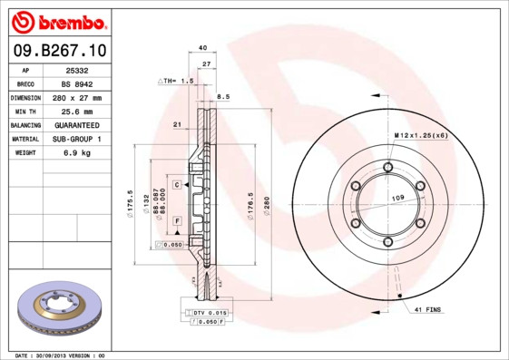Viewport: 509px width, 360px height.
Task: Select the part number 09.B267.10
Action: click(x=59, y=51)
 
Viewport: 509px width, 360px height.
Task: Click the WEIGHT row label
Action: click(x=24, y=152)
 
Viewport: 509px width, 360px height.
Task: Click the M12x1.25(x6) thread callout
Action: click(x=421, y=135)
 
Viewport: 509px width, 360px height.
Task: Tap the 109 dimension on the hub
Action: click(x=396, y=198)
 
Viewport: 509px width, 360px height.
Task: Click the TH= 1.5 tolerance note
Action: click(x=177, y=81)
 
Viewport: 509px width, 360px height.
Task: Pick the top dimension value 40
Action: click(x=202, y=47)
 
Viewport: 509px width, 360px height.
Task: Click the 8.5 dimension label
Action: click(x=223, y=95)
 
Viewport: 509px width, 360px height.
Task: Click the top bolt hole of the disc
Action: click(x=388, y=167)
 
